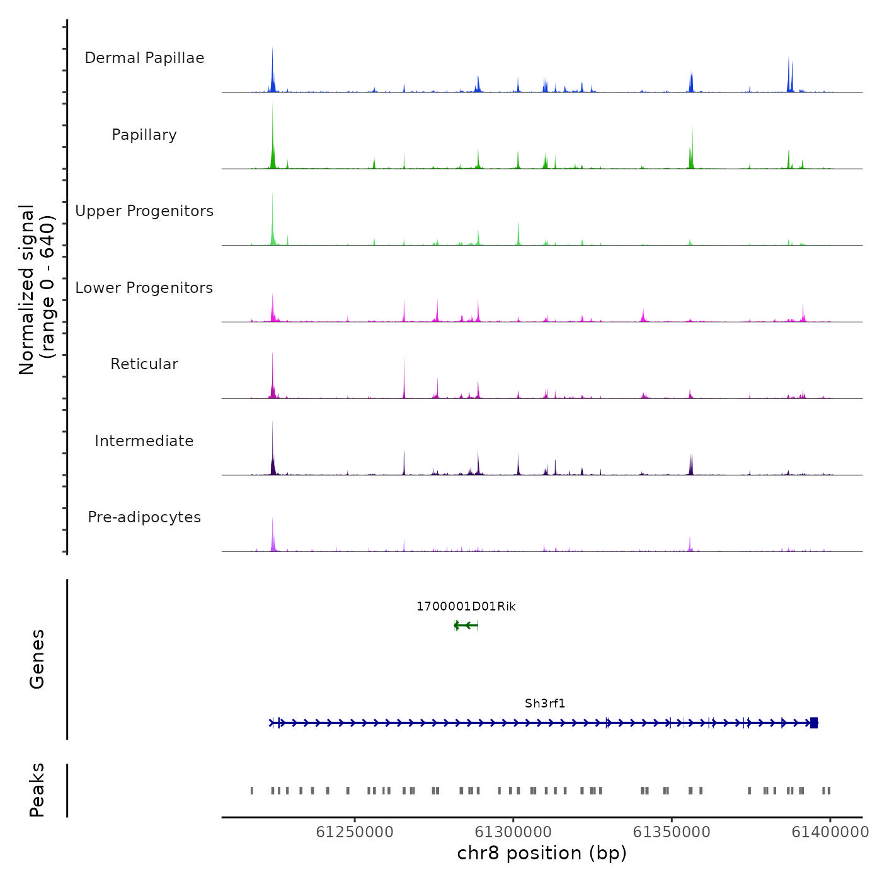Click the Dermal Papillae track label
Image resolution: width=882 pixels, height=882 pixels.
click(144, 58)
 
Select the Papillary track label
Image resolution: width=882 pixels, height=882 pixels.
click(144, 135)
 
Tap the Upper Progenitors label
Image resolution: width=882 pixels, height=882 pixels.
click(144, 211)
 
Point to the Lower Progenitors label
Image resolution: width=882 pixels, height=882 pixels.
click(144, 288)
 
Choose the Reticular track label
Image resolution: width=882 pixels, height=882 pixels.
click(144, 364)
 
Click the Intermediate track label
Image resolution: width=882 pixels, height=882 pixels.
click(144, 441)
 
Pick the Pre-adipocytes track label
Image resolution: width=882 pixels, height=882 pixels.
click(144, 517)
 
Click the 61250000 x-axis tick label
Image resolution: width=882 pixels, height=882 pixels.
click(355, 832)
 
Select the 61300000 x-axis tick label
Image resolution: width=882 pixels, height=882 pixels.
click(513, 832)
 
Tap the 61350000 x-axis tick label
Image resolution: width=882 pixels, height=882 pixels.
click(672, 832)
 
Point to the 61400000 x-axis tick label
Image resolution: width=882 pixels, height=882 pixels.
click(830, 832)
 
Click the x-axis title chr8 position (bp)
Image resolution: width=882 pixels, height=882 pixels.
click(542, 853)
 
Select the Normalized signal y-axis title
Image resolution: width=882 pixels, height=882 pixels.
click(37, 290)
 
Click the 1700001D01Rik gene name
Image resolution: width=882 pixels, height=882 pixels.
click(466, 607)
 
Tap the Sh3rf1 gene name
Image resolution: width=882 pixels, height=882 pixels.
click(545, 704)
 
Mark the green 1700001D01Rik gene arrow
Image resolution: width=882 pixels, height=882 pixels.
click(466, 626)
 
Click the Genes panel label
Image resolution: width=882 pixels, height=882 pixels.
click(37, 659)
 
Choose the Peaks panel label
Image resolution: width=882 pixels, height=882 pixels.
click(37, 790)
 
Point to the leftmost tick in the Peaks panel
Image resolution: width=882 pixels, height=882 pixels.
click(252, 791)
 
